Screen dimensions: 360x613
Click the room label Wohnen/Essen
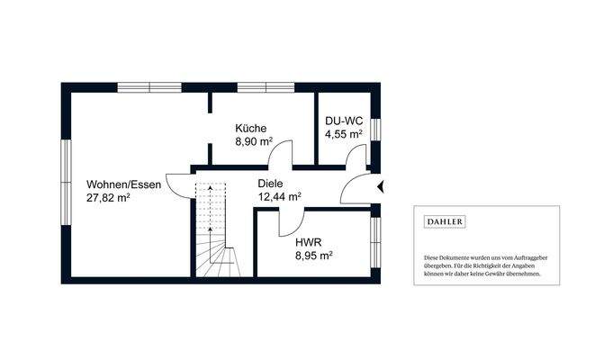(124, 184)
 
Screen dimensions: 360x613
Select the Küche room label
(251, 129)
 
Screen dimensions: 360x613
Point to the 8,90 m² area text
(255, 142)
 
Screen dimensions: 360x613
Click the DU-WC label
(342, 121)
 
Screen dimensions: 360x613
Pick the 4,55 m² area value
(344, 135)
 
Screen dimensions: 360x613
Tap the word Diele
(271, 183)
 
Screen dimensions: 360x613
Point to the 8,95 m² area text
(314, 255)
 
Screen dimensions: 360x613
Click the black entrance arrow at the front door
(382, 187)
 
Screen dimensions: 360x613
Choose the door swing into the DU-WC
(360, 157)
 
